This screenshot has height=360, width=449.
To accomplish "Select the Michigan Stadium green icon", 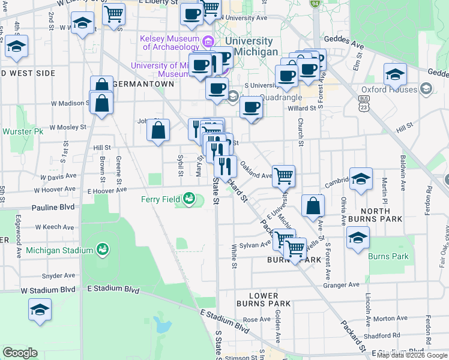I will point(102,250).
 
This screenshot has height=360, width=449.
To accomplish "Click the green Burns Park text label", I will point(388,256).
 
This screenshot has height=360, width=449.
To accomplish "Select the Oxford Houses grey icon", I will point(426,89).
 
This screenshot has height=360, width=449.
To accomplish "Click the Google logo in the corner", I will point(20,353).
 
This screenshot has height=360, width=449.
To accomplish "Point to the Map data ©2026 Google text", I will point(411,355).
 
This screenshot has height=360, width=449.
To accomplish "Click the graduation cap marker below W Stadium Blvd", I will point(40,310).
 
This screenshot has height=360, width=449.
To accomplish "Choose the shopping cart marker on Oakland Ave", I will point(283,175).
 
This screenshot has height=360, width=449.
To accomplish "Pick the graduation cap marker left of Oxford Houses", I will point(394,74).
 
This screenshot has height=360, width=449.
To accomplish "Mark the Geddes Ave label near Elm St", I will point(349,45).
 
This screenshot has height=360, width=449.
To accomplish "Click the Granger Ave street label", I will point(345,284).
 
